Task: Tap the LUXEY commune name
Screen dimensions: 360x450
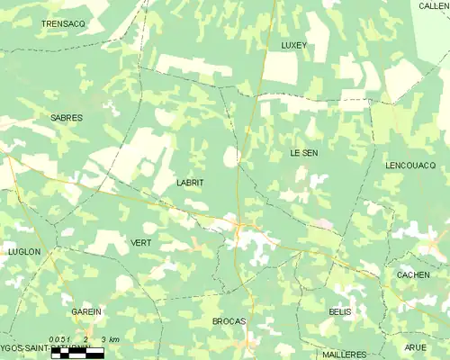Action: (x=293, y=44)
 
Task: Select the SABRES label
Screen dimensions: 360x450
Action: (x=67, y=118)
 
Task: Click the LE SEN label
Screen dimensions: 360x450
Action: (x=303, y=154)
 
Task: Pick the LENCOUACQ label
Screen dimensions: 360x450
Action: (x=409, y=166)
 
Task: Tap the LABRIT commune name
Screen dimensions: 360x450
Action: (x=190, y=183)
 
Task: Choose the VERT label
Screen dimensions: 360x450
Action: (x=141, y=243)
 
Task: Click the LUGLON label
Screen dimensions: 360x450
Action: (x=24, y=252)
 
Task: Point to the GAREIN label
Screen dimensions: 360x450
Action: (x=86, y=311)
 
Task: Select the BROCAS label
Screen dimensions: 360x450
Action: (x=229, y=321)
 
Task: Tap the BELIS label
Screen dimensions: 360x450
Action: (x=339, y=310)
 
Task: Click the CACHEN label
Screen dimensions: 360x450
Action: (x=412, y=274)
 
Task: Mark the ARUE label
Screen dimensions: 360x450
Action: (x=415, y=347)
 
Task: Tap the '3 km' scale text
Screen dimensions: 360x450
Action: (x=110, y=337)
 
